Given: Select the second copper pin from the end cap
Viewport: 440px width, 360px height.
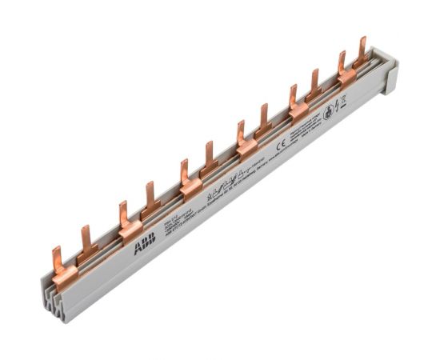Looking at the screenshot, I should [342, 64].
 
